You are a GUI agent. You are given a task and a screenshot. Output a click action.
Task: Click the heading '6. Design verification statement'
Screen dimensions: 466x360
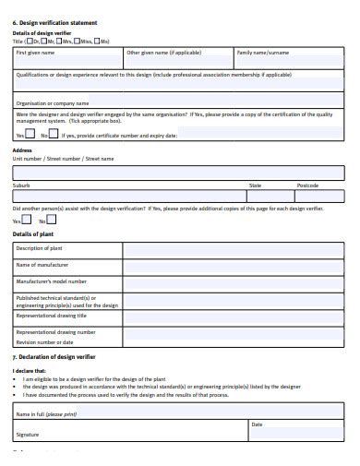(x=55, y=21)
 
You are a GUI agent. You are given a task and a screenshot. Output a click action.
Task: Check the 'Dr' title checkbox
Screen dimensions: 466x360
(x=31, y=42)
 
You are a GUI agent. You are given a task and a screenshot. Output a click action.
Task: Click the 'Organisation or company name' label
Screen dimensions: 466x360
(x=53, y=103)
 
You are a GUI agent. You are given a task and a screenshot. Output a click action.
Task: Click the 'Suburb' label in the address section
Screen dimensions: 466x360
(x=21, y=185)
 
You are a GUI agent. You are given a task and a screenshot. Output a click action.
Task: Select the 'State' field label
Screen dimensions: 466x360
(x=255, y=185)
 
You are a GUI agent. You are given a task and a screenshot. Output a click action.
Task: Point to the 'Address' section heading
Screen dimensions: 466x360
(x=22, y=149)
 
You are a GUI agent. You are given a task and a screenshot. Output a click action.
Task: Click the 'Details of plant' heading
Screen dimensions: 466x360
(x=33, y=234)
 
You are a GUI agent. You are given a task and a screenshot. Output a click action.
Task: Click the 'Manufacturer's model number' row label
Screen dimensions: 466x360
(x=52, y=281)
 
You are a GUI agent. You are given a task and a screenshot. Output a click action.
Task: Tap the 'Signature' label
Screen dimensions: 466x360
(x=28, y=433)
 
